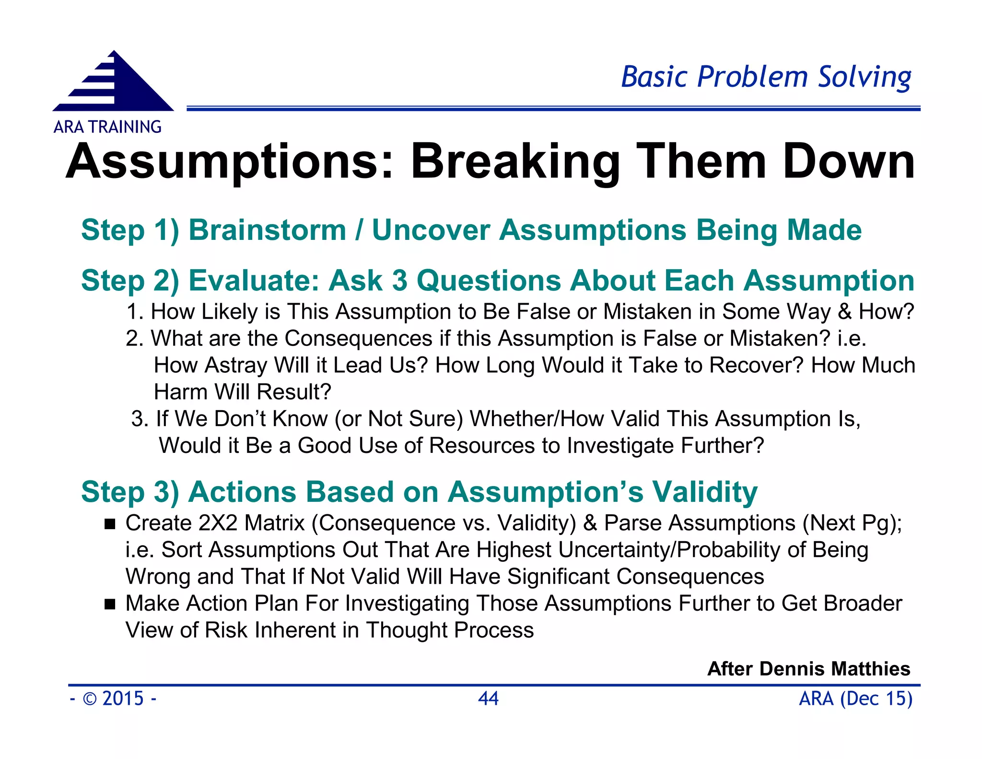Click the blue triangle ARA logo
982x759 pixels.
(x=115, y=84)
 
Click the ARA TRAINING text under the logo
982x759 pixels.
(x=107, y=127)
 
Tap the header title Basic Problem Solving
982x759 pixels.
(x=766, y=77)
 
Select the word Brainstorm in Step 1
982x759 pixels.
(x=267, y=230)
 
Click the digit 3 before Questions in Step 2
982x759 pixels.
(x=399, y=280)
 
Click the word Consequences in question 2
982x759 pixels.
(x=358, y=339)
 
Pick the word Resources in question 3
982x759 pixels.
(x=481, y=446)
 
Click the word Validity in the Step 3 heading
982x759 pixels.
(x=704, y=492)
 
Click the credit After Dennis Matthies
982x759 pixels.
(x=808, y=669)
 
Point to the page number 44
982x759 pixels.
(x=488, y=699)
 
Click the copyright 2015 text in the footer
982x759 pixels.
(x=113, y=699)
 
